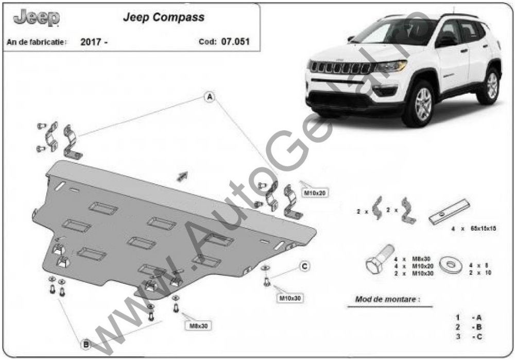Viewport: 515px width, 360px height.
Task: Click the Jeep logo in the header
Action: pyautogui.click(x=36, y=19)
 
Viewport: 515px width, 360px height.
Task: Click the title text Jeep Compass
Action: pyautogui.click(x=163, y=17)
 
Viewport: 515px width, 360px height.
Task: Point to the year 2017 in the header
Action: pyautogui.click(x=94, y=42)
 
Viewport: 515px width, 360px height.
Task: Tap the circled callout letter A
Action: pyautogui.click(x=210, y=97)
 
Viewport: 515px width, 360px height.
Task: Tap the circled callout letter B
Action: pyautogui.click(x=85, y=344)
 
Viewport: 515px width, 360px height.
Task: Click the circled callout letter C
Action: pyautogui.click(x=304, y=266)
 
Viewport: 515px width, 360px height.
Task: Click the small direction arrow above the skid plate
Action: pyautogui.click(x=182, y=176)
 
